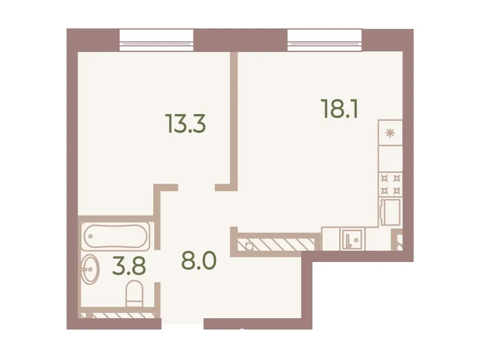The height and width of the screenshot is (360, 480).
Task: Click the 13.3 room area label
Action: point(185,124)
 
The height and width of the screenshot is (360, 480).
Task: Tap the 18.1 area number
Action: point(339,109)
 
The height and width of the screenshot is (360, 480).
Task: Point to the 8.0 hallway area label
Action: point(199,261)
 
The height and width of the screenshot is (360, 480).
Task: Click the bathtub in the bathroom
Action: point(116,236)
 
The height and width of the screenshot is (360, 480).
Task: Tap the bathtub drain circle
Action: point(90,236)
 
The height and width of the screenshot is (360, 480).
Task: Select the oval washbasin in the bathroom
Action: point(90,269)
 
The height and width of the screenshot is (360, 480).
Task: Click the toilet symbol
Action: point(134,293)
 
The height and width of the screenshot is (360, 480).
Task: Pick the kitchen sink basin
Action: point(352,239)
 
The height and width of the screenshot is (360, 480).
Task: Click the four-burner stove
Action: point(390,184)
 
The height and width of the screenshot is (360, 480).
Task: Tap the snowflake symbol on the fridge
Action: point(390,133)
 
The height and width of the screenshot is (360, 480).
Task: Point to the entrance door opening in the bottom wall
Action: point(182,324)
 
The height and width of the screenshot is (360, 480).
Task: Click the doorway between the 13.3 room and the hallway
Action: point(196,188)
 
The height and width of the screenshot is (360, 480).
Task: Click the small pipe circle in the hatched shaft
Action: point(248,246)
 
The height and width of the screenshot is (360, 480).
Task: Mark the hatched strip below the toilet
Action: point(118,315)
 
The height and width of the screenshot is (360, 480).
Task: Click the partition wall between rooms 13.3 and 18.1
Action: point(234,120)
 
